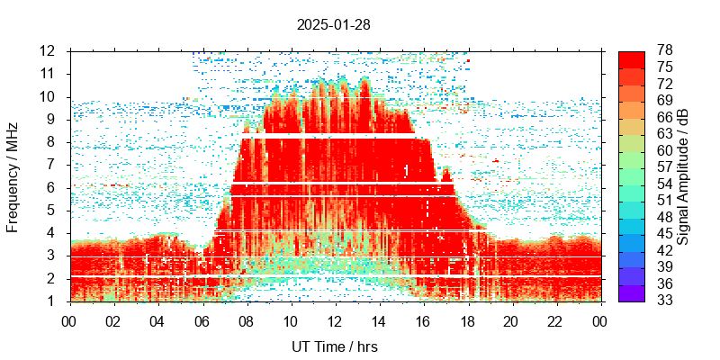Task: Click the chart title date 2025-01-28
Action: tap(333, 25)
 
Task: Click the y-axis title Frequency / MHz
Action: tap(13, 175)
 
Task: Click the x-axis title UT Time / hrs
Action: tap(334, 346)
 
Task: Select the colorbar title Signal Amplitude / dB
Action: tap(683, 175)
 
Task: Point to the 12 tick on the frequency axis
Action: tap(49, 50)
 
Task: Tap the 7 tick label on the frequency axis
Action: tap(53, 165)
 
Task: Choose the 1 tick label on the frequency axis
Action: tap(53, 301)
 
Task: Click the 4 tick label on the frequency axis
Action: tap(53, 233)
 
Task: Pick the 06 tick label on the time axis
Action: tap(202, 319)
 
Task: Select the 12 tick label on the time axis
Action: tap(335, 319)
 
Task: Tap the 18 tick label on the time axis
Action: tap(467, 319)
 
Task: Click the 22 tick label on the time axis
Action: tap(556, 319)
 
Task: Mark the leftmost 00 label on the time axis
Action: tap(69, 319)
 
